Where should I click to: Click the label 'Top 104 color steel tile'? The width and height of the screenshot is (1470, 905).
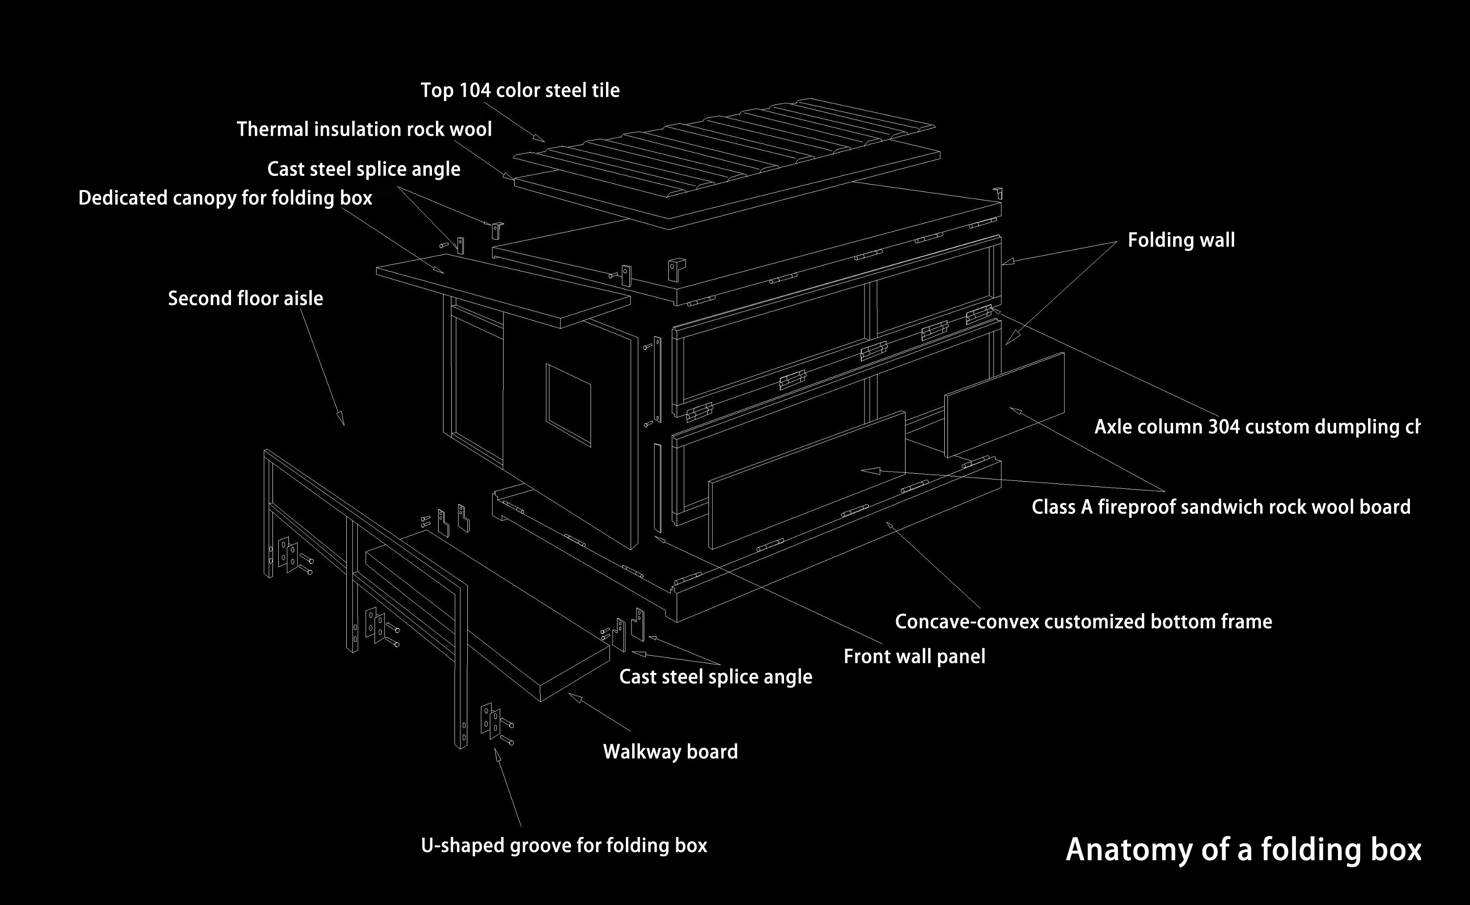click(x=520, y=91)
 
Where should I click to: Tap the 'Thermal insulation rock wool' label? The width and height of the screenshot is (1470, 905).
click(x=364, y=129)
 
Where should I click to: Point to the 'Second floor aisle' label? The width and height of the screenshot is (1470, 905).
click(x=245, y=299)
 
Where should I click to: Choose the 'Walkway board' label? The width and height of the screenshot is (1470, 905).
click(x=670, y=752)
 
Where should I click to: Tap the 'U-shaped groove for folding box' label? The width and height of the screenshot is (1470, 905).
click(x=564, y=845)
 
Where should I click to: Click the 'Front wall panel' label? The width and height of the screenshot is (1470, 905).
click(x=914, y=657)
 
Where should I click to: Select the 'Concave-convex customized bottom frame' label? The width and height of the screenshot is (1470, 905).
click(x=1083, y=622)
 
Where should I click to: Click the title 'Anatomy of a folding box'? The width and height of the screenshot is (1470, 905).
click(x=1243, y=850)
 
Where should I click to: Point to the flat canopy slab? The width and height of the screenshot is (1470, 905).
click(x=503, y=290)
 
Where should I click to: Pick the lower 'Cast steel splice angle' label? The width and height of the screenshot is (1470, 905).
click(x=716, y=677)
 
